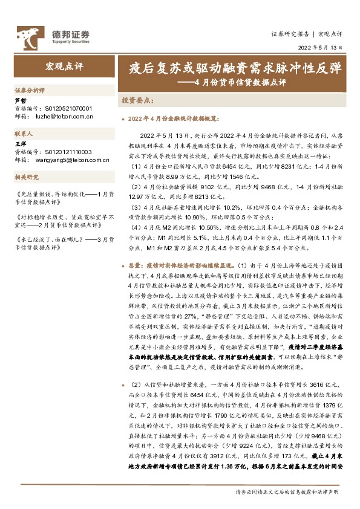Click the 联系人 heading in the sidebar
(x=25, y=133)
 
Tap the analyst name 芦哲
(x=20, y=100)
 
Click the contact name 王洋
(x=19, y=146)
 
